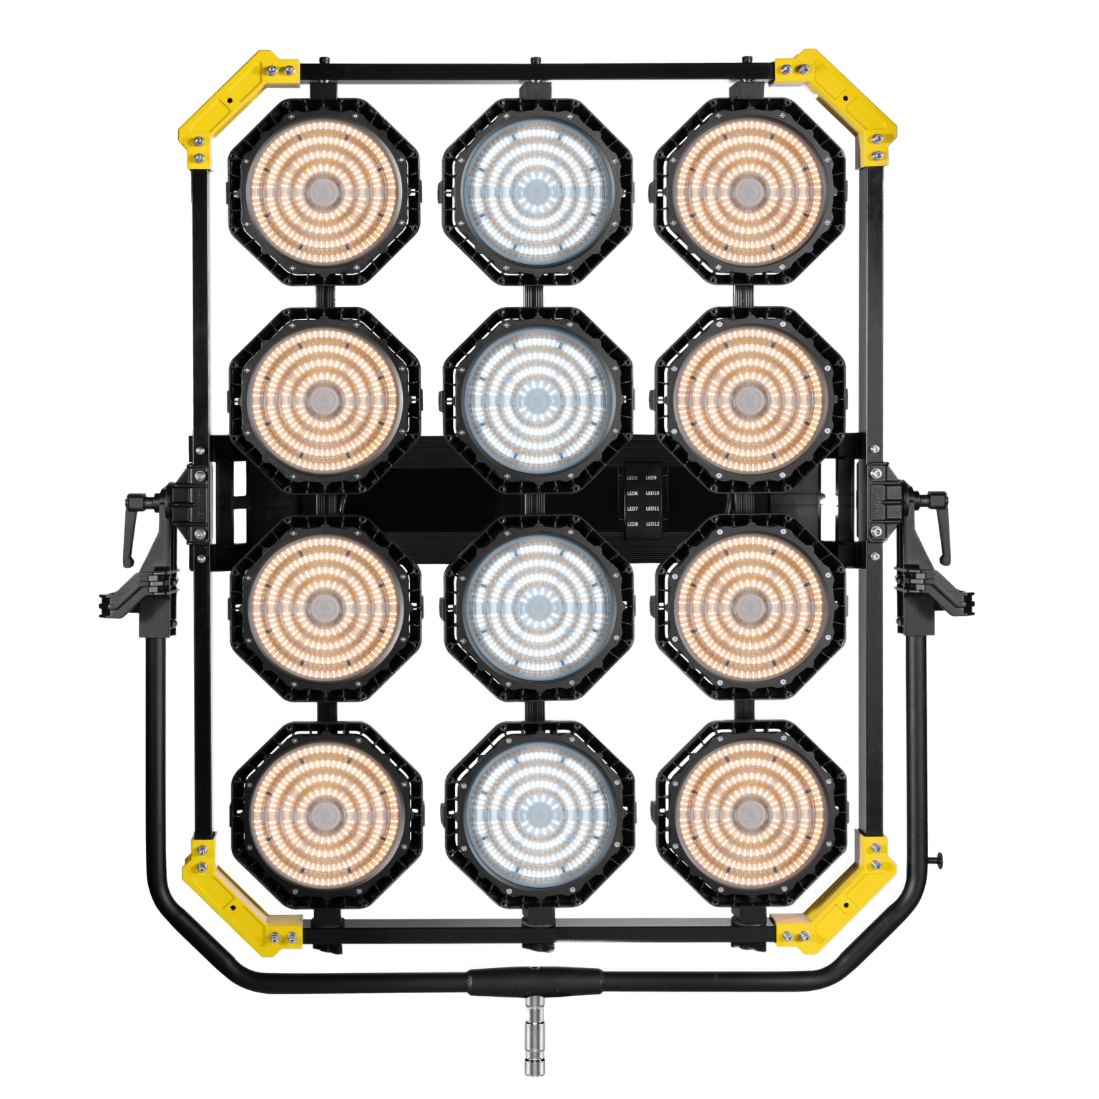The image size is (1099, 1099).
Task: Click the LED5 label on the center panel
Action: click(632, 477)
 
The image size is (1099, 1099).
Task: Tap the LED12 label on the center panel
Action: click(653, 524)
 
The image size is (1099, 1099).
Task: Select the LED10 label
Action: click(653, 493)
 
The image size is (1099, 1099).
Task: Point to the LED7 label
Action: click(632, 509)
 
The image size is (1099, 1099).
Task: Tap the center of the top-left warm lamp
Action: click(323, 190)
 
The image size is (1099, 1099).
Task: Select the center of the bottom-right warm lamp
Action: click(749, 813)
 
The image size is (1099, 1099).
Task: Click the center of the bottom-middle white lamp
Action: click(539, 813)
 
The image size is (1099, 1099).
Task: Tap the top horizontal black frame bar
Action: click(537, 71)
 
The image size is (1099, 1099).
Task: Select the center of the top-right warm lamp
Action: click(748, 190)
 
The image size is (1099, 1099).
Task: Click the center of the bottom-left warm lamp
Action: click(326, 813)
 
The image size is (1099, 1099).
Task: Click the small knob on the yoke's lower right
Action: click(939, 858)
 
